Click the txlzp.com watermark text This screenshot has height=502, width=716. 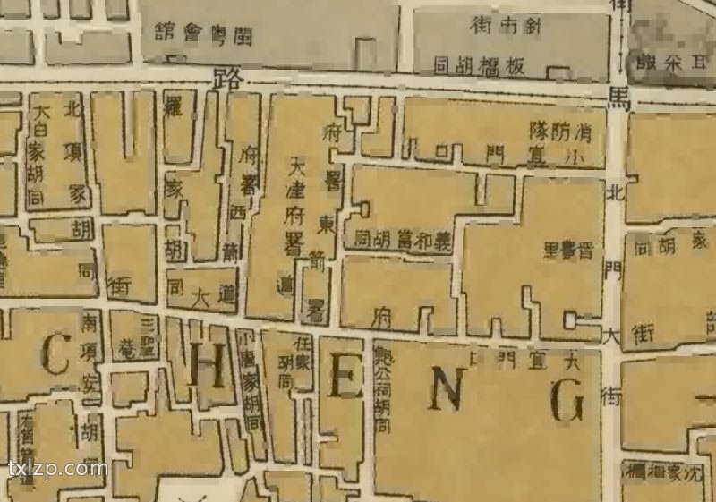pyautogui.click(x=57, y=468)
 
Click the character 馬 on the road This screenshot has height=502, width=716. pyautogui.click(x=619, y=100)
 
